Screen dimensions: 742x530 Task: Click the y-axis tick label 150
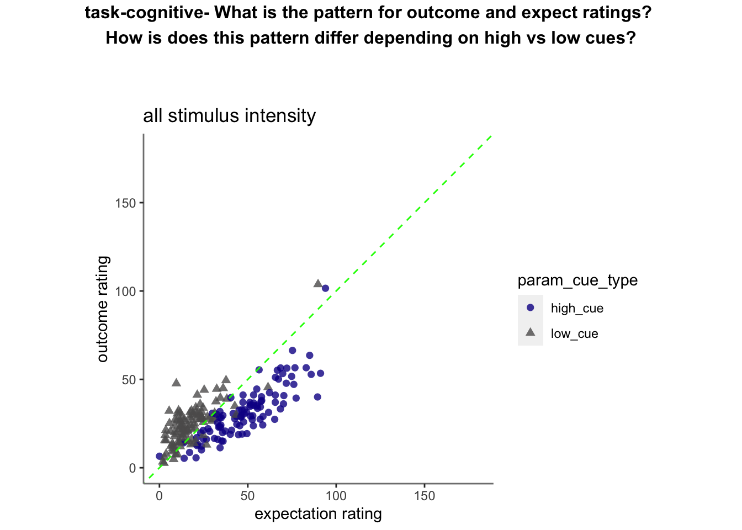pos(125,203)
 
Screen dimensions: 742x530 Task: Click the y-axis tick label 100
pos(125,291)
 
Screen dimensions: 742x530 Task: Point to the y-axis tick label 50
pos(129,380)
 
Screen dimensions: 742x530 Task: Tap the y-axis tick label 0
pos(132,468)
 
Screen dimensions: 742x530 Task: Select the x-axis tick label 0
pos(160,496)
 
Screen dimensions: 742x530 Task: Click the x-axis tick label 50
pos(247,496)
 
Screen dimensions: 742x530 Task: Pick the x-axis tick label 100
pos(336,496)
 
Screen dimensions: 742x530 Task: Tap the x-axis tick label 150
pos(425,496)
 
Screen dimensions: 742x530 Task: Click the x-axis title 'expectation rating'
pos(319,514)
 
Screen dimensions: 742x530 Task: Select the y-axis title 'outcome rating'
pos(103,309)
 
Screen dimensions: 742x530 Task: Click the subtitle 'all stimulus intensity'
pos(230,116)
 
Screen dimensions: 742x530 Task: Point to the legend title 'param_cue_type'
pos(577,280)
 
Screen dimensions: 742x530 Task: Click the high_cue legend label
pos(577,309)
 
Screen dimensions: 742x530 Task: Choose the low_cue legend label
pos(574,333)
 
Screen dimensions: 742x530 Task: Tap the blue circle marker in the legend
pos(531,308)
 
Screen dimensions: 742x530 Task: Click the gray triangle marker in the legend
pos(531,332)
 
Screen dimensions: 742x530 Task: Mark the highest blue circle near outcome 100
pos(325,289)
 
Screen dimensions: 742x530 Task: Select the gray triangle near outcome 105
pos(318,283)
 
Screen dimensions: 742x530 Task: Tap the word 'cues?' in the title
pos(610,38)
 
